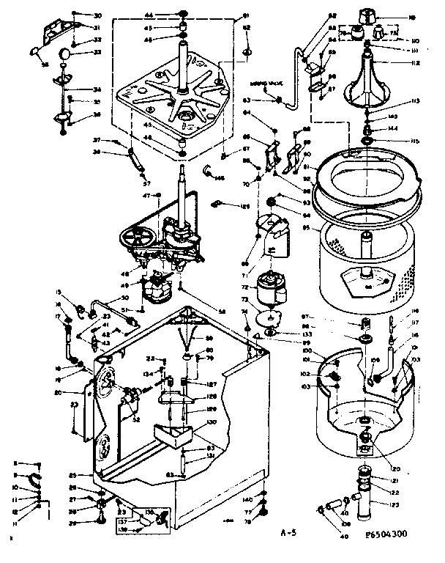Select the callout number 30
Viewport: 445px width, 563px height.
98,15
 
